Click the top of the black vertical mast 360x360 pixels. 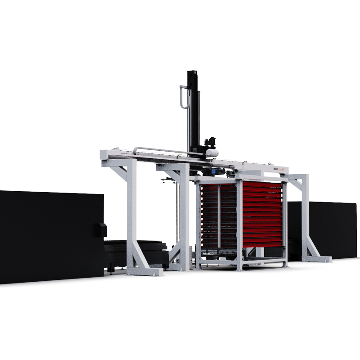tap(193, 73)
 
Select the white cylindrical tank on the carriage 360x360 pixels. tap(212, 153)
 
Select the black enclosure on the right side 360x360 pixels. tap(324, 229)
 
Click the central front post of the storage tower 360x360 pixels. tap(239, 225)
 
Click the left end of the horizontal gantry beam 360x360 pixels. tap(103, 155)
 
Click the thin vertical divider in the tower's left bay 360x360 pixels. tap(219, 216)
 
